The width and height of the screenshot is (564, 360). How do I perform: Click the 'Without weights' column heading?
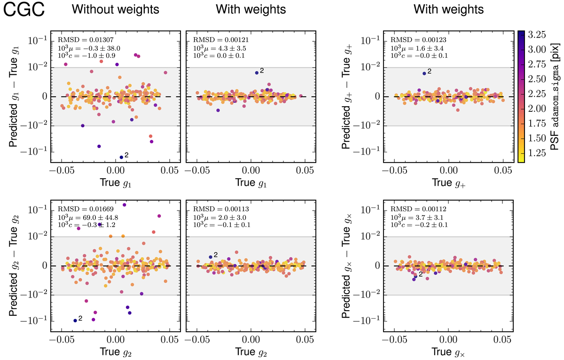(116, 9)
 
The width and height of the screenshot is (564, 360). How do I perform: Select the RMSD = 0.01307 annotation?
(79, 39)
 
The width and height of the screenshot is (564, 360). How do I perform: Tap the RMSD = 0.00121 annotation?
(214, 39)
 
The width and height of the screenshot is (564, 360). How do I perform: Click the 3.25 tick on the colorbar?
(538, 35)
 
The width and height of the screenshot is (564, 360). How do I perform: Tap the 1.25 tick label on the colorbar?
(538, 152)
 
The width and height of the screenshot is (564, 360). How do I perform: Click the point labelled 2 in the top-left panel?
(121, 157)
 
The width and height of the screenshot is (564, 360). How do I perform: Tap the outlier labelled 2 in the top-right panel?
(424, 73)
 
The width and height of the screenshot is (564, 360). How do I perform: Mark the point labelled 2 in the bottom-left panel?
(75, 321)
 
